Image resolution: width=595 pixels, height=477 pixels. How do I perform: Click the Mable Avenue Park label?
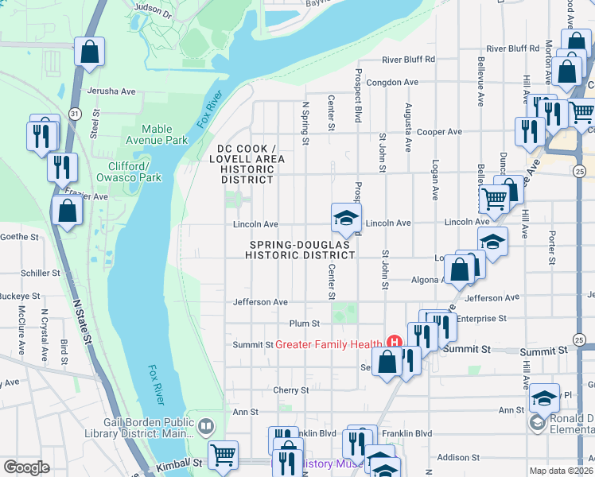pos(165,134)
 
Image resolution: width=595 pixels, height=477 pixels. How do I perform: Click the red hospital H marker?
pos(392,343)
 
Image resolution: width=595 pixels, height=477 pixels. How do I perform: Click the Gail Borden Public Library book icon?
pos(207,427)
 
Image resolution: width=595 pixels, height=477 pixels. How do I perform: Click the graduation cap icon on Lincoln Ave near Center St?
pos(346,218)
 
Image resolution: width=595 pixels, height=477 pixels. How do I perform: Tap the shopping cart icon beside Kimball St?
pos(224,455)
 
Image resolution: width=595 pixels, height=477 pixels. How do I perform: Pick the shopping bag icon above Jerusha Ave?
pos(90,52)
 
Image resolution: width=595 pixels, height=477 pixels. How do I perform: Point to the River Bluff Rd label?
pos(408,59)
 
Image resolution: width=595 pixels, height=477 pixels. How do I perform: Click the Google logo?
pos(26,467)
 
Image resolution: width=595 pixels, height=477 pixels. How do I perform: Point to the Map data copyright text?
pos(562,470)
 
